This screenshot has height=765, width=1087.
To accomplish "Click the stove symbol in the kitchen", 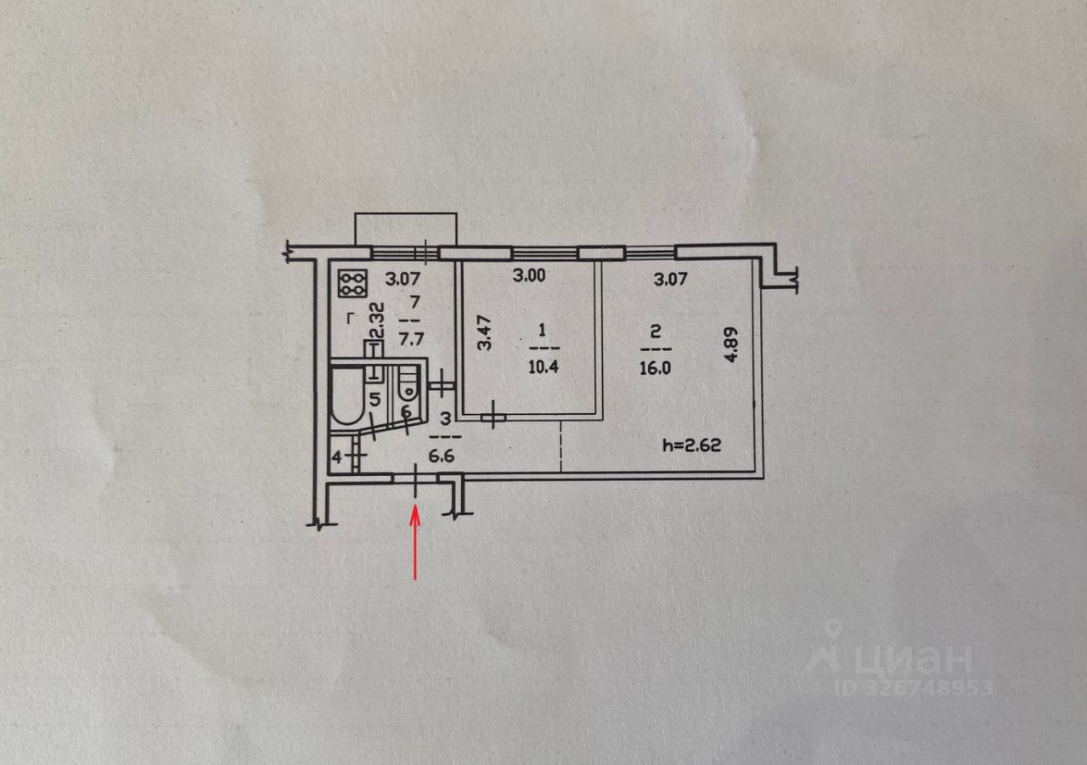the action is click(x=352, y=283).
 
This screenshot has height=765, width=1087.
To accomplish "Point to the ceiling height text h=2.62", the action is click(x=691, y=445).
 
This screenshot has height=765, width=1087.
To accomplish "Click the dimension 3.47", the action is click(x=484, y=332).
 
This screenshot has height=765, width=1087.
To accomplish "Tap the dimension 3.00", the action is click(x=531, y=276).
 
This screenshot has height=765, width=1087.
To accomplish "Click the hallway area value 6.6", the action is click(x=442, y=455).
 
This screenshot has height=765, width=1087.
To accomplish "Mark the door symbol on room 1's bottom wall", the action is click(x=492, y=417).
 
